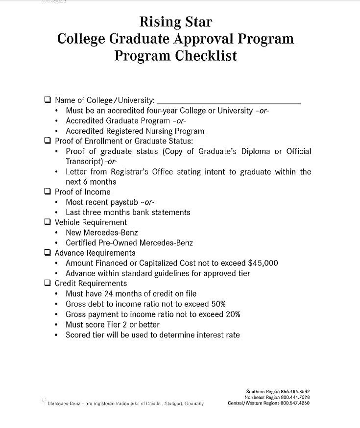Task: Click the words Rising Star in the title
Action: pos(176,22)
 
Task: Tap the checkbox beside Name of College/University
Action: pos(48,100)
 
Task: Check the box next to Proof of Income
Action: pos(48,191)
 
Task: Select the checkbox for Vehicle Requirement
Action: pos(48,222)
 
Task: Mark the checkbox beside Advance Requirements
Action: pos(48,253)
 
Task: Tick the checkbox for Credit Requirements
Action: pos(48,283)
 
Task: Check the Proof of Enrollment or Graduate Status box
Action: pos(48,141)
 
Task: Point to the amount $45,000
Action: pos(263,263)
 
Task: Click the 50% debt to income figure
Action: pos(216,304)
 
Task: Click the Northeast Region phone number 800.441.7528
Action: pos(295,398)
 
